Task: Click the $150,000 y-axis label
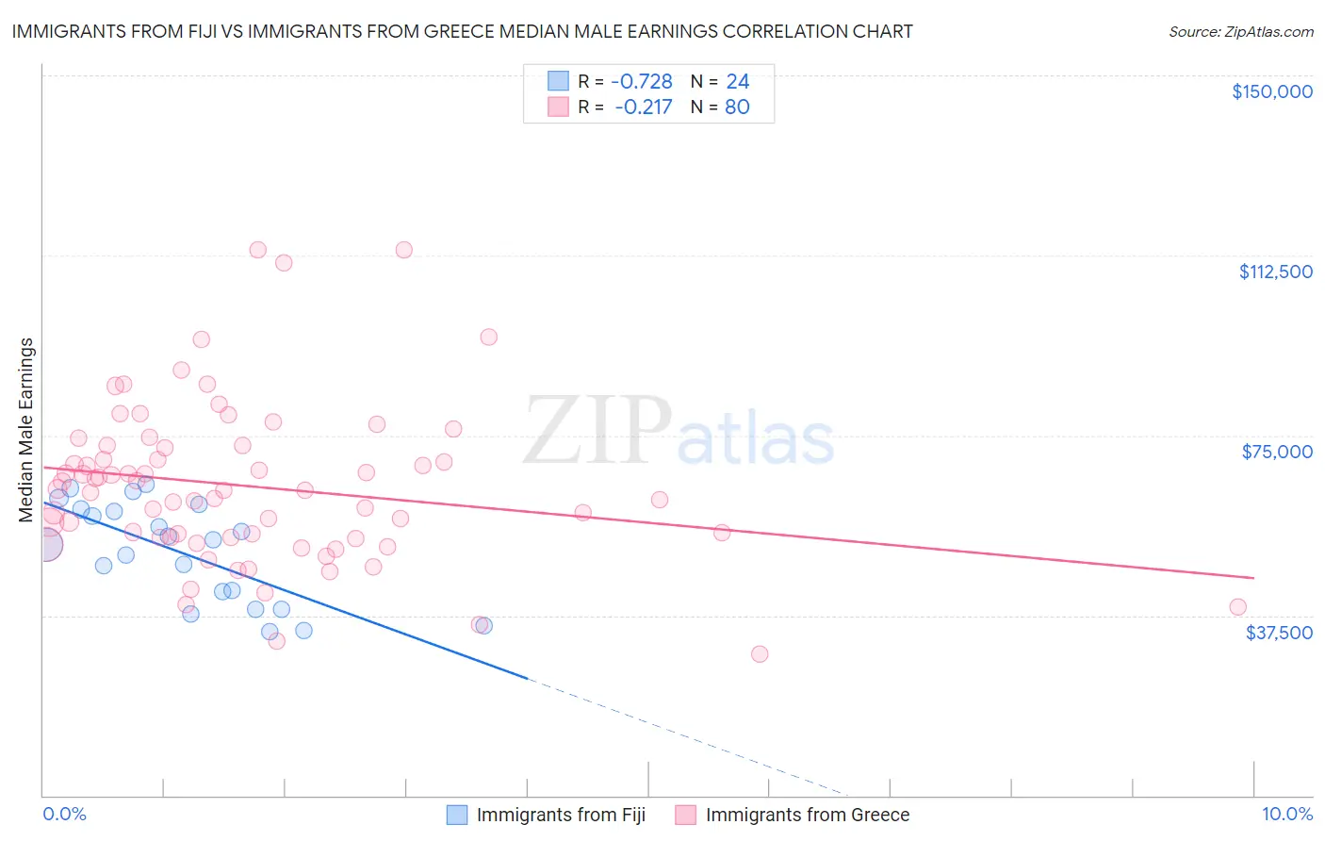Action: [1271, 91]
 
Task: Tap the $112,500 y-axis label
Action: [1275, 272]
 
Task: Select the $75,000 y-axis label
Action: [1277, 452]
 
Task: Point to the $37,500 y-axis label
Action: [1279, 633]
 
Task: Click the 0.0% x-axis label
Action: [64, 814]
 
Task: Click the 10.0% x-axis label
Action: [1286, 814]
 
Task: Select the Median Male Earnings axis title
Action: [26, 429]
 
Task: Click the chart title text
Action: [462, 31]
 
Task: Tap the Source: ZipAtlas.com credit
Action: [1240, 31]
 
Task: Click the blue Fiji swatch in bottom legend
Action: [457, 815]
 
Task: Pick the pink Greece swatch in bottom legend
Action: [685, 815]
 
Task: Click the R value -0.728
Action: [642, 81]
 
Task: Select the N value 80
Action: [737, 107]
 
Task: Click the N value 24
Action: [737, 81]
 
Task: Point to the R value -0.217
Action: [644, 107]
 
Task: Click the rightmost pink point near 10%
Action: [1237, 607]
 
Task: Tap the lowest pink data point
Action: [759, 653]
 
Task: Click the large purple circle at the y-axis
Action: [45, 544]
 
